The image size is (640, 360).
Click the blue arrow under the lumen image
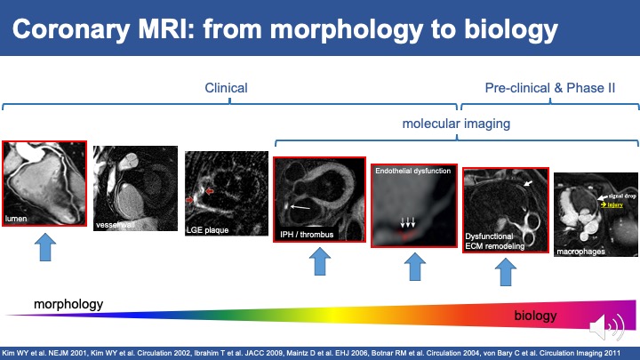click(x=44, y=249)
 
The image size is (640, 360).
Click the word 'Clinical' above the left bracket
click(x=226, y=88)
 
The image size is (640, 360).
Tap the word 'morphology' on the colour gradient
click(x=68, y=304)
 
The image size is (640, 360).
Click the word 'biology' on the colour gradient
click(x=536, y=316)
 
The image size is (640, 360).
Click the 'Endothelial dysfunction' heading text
click(x=413, y=170)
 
